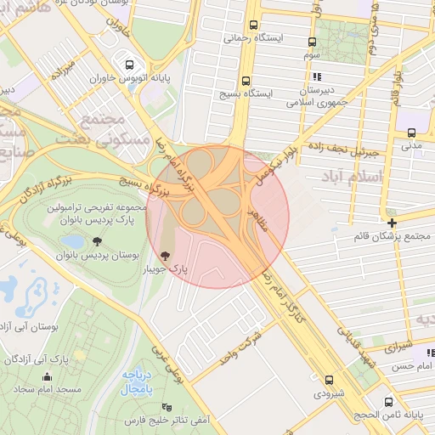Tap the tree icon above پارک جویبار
point(165,254)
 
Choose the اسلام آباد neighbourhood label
point(353,175)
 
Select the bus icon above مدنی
point(411,133)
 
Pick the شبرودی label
point(330,393)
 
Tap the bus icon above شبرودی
point(329,379)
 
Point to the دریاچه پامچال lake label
point(136,381)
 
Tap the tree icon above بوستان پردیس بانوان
point(95,240)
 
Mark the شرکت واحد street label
point(245,342)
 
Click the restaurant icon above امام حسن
point(430,352)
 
